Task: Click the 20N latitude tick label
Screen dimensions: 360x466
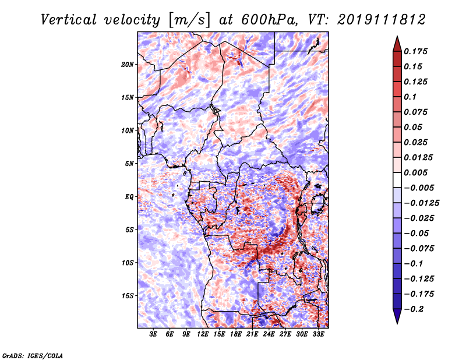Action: point(128,64)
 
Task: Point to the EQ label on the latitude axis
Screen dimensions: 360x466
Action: point(129,197)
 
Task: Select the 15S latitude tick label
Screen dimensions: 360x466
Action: point(128,296)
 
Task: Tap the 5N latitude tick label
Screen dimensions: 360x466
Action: point(129,164)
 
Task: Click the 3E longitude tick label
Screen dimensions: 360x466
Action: point(154,334)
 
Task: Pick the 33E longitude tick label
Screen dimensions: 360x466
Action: point(319,334)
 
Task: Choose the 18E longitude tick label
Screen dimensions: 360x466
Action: point(236,334)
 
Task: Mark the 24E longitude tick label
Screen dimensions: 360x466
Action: point(269,334)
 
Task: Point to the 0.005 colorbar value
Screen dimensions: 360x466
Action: point(417,172)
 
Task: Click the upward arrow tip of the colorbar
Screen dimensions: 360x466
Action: point(396,38)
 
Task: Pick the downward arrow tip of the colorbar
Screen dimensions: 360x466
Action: point(396,322)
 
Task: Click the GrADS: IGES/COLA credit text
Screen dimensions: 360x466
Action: point(32,355)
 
